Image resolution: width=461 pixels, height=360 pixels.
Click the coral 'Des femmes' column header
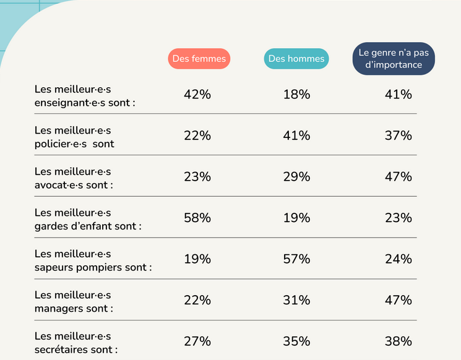pos(199,59)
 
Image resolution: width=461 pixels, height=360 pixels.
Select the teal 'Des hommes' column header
pos(296,59)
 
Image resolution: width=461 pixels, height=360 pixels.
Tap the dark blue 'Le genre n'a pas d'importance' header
pos(394,59)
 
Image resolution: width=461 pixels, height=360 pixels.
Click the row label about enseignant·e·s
pos(85,95)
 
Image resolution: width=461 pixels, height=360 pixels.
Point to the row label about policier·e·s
pos(74,137)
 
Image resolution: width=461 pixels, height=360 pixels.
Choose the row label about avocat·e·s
pos(74,178)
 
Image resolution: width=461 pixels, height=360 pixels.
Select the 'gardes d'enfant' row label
pos(88,219)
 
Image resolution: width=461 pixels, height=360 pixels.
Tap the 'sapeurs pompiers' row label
pos(93,260)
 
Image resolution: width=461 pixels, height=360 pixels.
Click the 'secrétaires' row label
pos(76,343)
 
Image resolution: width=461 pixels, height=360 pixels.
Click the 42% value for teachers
pos(197,95)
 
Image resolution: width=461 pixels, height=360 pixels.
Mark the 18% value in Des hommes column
pos(296,95)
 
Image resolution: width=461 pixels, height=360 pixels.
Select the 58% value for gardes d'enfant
pos(197,218)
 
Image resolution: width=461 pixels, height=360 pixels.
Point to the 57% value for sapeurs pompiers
pos(296,259)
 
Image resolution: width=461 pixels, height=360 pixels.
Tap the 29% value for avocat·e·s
pos(296,177)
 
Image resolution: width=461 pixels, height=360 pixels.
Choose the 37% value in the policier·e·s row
pos(398,135)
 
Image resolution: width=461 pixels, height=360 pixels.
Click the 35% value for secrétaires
pos(296,341)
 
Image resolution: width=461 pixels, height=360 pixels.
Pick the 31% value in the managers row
pos(296,301)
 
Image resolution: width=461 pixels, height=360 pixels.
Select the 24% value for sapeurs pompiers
pos(398,259)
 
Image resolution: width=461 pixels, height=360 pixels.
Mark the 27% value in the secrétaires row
pos(197,341)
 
